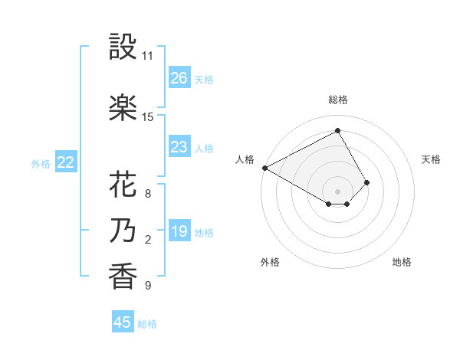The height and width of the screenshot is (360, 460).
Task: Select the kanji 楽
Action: tap(122, 108)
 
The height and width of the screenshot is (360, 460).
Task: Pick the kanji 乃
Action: tap(122, 231)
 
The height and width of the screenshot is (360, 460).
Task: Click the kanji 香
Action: tap(122, 277)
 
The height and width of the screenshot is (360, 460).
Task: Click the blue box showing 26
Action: tap(179, 78)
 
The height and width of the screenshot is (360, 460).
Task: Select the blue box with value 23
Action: tap(179, 147)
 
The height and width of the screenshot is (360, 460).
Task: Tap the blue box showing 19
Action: tap(179, 231)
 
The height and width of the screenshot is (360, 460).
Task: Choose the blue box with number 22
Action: tap(66, 162)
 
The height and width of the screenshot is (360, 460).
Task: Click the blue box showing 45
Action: tap(123, 322)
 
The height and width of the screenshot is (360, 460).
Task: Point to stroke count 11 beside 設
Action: tap(147, 56)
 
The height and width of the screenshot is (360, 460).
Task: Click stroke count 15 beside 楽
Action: tap(147, 117)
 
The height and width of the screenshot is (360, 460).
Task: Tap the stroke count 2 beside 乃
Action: tap(147, 240)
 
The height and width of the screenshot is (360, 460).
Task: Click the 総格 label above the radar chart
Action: tap(338, 100)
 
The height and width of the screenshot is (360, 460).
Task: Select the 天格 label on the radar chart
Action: tap(431, 159)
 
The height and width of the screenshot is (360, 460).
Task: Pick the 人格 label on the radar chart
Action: tap(245, 159)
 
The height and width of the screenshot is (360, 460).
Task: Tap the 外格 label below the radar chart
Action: tap(270, 262)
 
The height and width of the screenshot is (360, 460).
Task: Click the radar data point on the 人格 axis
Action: tap(264, 167)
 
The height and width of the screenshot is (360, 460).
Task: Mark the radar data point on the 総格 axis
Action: tap(337, 131)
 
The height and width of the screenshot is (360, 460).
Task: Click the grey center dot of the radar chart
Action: tap(337, 190)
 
